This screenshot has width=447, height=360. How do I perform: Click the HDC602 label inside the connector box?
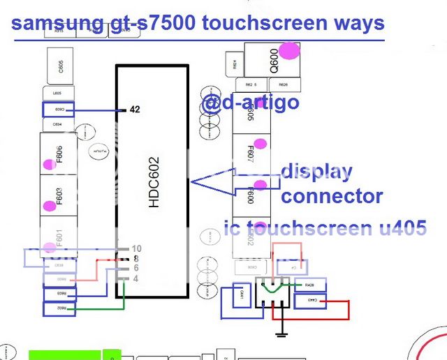tap(154, 181)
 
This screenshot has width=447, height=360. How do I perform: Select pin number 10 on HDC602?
tap(136, 248)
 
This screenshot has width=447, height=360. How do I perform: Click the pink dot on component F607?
tap(260, 144)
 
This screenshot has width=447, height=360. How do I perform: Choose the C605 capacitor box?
tap(61, 66)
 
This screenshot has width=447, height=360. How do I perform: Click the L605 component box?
tap(58, 93)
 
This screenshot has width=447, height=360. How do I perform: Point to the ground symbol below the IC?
tap(281, 335)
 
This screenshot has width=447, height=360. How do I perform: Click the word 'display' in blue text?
tap(316, 172)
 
